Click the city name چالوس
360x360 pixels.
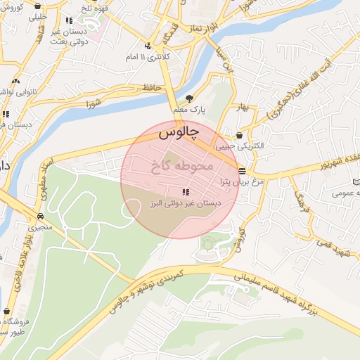(179, 131)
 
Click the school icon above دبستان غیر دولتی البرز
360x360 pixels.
(186, 192)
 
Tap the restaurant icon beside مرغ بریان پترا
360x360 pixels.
(242, 171)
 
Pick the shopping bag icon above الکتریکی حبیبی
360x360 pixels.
(240, 135)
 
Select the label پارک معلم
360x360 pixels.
(188, 110)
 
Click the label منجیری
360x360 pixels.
(40, 228)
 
